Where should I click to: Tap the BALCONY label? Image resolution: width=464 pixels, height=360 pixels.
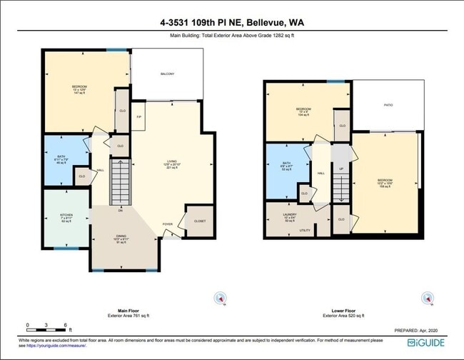[x=167, y=74]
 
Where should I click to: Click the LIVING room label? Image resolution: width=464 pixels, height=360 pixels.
[x=171, y=162]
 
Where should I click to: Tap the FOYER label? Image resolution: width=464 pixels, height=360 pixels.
[x=167, y=224]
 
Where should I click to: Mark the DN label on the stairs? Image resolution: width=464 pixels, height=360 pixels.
[x=121, y=211]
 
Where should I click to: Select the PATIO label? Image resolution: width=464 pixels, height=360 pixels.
[x=388, y=105]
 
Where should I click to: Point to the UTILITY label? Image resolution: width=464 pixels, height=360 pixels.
[x=304, y=231]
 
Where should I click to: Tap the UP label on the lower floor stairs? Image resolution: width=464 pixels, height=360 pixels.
[x=341, y=169]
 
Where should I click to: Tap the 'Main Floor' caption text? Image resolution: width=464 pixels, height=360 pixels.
[x=128, y=311]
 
